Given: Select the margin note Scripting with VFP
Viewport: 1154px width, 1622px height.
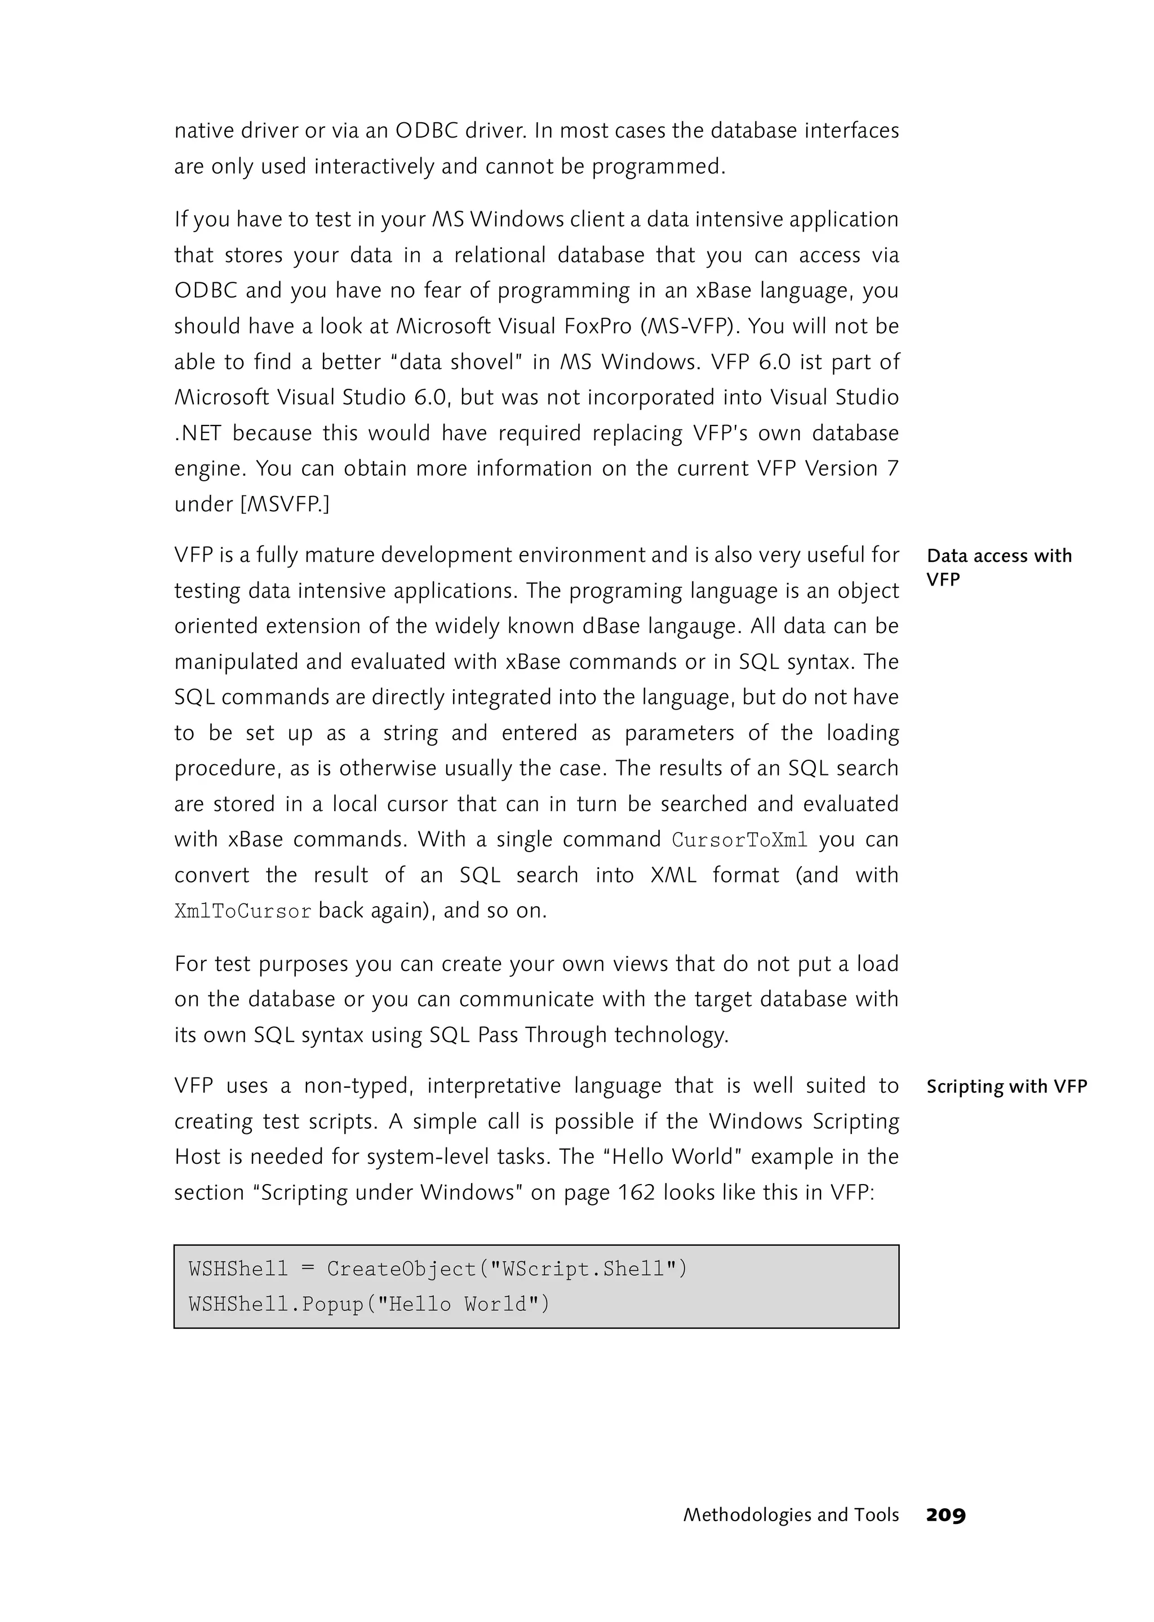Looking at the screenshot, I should point(1006,1086).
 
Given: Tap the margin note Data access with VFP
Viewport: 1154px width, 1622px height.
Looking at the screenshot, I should point(998,566).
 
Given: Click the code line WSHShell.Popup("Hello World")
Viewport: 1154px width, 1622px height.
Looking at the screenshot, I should point(370,1304).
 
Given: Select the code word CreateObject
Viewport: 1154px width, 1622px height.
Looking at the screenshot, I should point(402,1268).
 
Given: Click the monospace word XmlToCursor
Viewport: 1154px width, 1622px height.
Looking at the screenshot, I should point(243,911).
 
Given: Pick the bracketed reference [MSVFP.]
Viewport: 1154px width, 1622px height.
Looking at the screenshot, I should point(285,504).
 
